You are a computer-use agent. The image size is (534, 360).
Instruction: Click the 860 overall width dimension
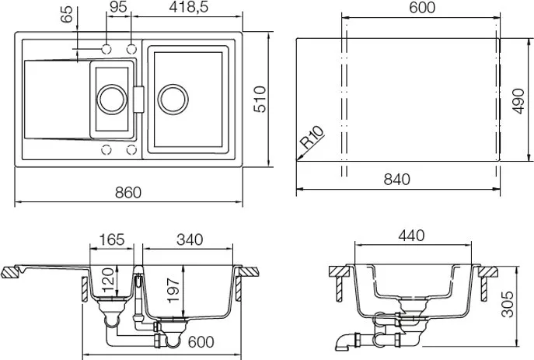pyautogui.click(x=128, y=193)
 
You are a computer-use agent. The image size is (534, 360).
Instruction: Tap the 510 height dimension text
pyautogui.click(x=260, y=99)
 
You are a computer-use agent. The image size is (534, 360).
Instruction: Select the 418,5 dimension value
pyautogui.click(x=188, y=7)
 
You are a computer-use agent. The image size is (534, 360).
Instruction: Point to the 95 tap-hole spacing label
pyautogui.click(x=118, y=7)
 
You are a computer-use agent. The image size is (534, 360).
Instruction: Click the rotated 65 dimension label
pyautogui.click(x=67, y=14)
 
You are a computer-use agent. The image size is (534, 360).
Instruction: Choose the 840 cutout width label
pyautogui.click(x=396, y=179)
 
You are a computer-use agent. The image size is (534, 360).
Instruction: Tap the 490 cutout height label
pyautogui.click(x=518, y=101)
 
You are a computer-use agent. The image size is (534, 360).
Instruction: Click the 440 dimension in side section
pyautogui.click(x=411, y=236)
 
